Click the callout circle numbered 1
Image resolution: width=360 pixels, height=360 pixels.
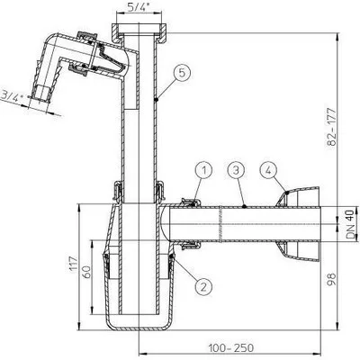[203, 171]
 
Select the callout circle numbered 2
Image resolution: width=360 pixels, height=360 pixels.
[203, 287]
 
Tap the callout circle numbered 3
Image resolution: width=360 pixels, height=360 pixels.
[236, 171]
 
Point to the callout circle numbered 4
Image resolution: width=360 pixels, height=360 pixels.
[268, 171]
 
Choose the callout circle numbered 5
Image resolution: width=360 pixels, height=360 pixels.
[182, 74]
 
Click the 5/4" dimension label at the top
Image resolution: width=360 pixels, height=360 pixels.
[137, 7]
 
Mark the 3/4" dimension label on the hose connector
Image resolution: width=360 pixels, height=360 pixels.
[10, 96]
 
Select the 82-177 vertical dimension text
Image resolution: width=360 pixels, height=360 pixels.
[331, 126]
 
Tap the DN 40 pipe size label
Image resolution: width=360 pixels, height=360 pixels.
[350, 224]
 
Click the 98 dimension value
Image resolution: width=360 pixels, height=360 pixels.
[331, 279]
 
